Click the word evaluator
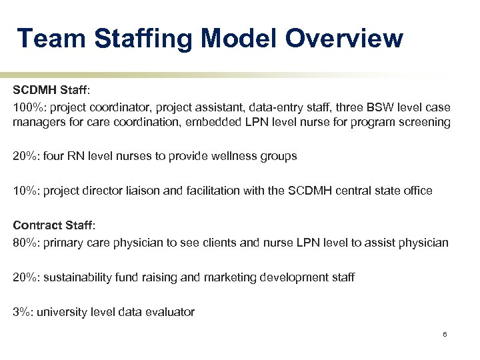tap(169, 311)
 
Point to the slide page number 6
tap(444, 334)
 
